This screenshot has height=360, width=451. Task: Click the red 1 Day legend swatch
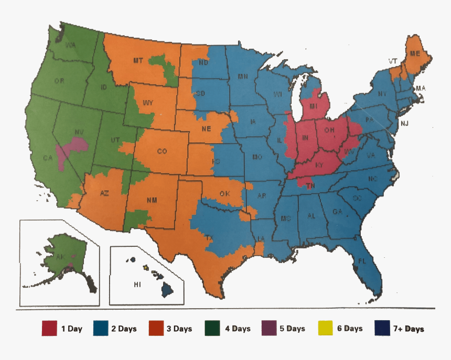(49, 329)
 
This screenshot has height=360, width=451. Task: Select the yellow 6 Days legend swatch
(326, 329)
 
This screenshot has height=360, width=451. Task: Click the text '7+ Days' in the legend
(407, 329)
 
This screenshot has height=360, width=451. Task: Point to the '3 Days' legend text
(178, 329)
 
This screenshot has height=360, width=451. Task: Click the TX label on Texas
(209, 238)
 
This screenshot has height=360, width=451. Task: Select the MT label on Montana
(137, 61)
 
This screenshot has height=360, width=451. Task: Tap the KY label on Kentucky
(319, 165)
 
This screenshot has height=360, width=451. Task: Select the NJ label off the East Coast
(404, 124)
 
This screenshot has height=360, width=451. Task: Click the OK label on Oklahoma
(224, 194)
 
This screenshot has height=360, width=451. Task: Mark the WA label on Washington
(71, 45)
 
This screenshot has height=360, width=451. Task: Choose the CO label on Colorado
(162, 151)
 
